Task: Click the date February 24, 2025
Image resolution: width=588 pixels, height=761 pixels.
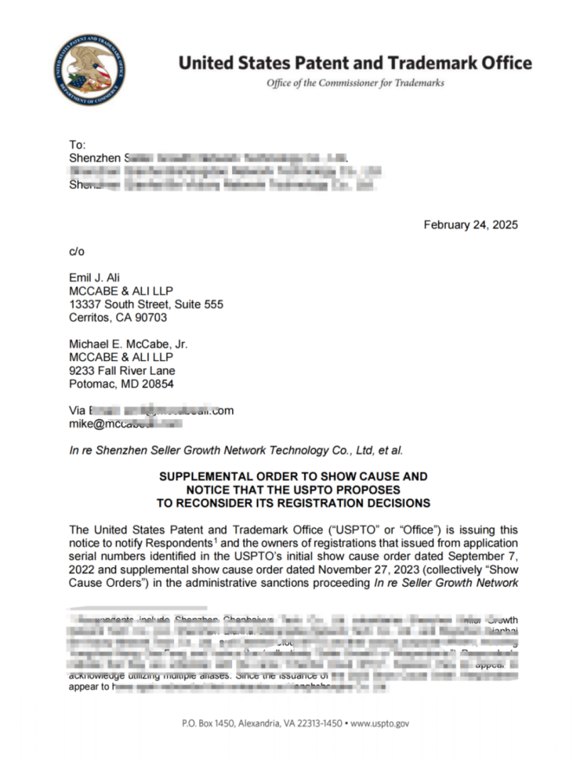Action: pyautogui.click(x=470, y=225)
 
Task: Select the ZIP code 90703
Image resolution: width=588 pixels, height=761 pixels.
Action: pyautogui.click(x=151, y=318)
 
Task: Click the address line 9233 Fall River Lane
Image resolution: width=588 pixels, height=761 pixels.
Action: pyautogui.click(x=121, y=371)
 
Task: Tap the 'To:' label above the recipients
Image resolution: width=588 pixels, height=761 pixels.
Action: pyautogui.click(x=77, y=145)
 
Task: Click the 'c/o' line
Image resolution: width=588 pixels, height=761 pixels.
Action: pyautogui.click(x=77, y=251)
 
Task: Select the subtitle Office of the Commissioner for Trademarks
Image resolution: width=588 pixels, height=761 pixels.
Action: pyautogui.click(x=355, y=83)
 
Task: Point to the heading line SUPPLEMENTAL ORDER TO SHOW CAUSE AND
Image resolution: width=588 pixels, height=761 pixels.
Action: pyautogui.click(x=293, y=476)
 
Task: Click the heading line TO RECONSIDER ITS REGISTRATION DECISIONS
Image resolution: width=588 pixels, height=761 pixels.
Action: pyautogui.click(x=293, y=503)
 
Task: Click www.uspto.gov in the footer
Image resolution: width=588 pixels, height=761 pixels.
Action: pyautogui.click(x=380, y=724)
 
